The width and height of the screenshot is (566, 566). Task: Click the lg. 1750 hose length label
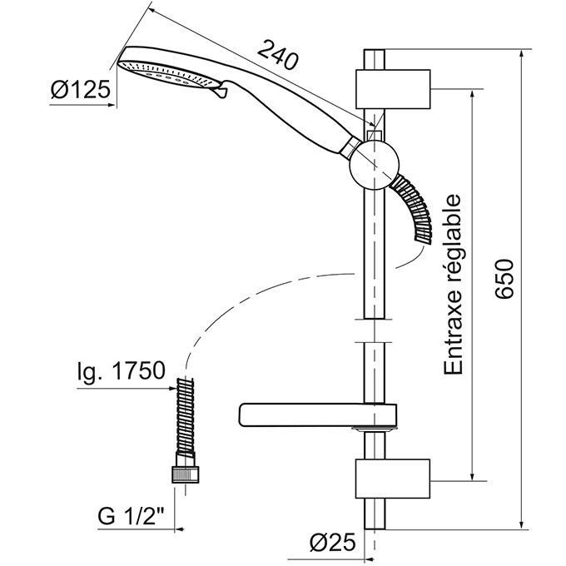point(127,371)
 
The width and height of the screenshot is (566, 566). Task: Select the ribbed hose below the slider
point(414,206)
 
